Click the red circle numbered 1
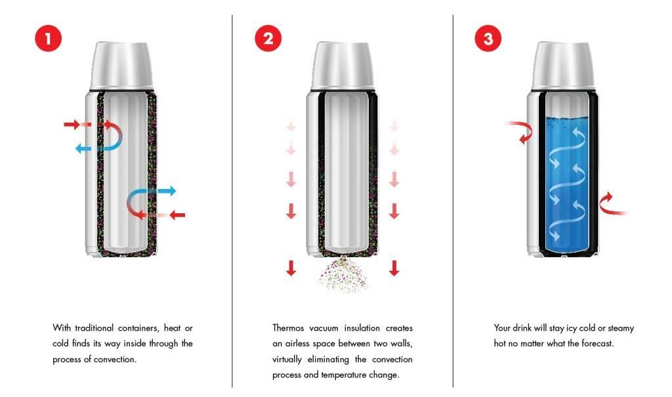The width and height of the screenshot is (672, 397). [x=49, y=39]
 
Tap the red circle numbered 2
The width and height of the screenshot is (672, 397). [x=268, y=39]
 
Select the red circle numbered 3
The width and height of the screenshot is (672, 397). [x=488, y=39]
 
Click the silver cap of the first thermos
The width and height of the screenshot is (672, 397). [x=121, y=66]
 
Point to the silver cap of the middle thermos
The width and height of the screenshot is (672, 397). [x=343, y=66]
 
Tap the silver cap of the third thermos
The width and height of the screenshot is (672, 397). [x=562, y=66]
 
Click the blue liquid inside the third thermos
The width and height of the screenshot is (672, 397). [x=566, y=184]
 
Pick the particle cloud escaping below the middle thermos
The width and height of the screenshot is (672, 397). [x=343, y=274]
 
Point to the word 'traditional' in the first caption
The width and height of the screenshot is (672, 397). [x=94, y=328]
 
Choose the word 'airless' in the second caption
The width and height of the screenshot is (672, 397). [x=296, y=343]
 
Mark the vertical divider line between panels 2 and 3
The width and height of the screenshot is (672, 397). [x=453, y=201]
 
